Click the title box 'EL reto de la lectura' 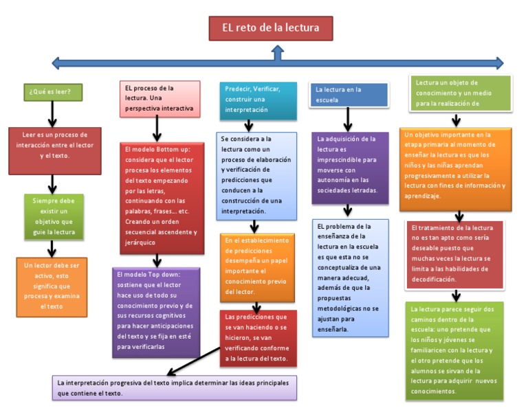270,29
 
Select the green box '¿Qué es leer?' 52,91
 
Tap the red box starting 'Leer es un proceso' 55,150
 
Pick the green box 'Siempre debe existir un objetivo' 53,216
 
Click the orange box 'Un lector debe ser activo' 52,286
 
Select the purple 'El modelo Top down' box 157,313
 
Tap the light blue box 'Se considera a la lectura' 256,176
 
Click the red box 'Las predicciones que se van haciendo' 257,337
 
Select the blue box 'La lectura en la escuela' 349,94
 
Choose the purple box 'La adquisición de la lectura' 349,168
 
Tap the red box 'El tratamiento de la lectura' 455,255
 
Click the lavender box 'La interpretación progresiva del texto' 175,387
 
